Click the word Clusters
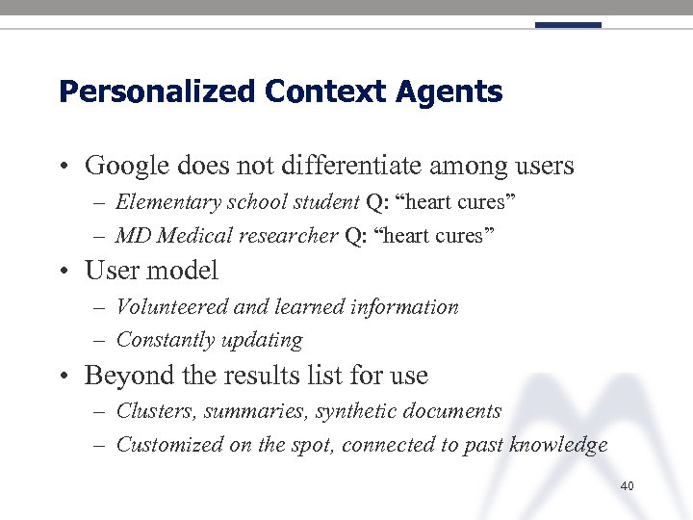coord(151,411)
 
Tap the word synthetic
coord(361,411)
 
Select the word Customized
coord(168,445)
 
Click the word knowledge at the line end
coord(559,445)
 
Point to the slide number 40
coord(627,486)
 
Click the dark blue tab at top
coord(568,25)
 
